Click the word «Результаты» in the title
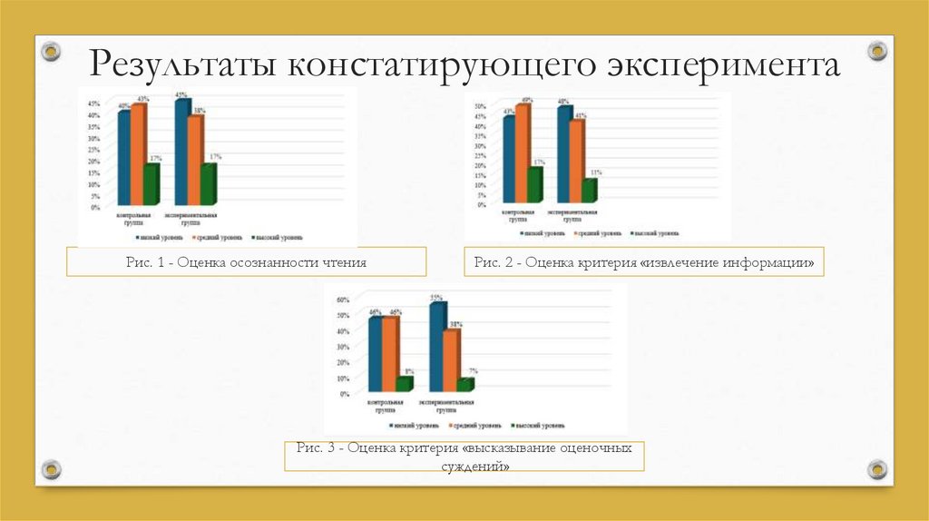point(181,66)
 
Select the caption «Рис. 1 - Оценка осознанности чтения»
point(246,263)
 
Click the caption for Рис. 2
point(643,263)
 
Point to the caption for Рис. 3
point(464,457)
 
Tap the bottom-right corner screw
point(876,468)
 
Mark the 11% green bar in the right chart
point(589,190)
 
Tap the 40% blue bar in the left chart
point(124,158)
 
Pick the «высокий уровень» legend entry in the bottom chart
point(541,424)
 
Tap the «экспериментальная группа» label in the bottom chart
point(445,406)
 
